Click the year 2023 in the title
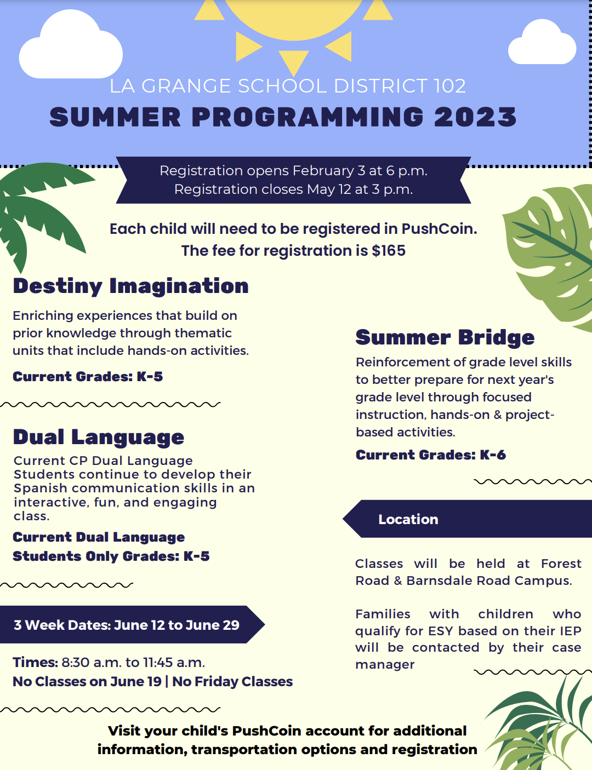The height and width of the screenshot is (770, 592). click(x=475, y=117)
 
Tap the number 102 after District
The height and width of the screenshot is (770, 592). click(x=449, y=86)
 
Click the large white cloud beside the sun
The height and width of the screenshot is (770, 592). click(x=71, y=45)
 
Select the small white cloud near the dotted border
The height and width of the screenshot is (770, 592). click(x=542, y=43)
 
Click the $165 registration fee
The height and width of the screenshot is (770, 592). click(x=389, y=251)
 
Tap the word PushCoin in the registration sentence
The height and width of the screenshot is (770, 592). click(x=439, y=229)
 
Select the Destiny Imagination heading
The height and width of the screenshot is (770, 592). click(x=131, y=286)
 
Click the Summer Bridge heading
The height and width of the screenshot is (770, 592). click(x=445, y=337)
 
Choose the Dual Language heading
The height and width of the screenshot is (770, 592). click(x=99, y=438)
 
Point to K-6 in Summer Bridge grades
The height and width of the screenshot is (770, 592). click(x=493, y=455)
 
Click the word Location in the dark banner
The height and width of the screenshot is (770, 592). click(x=408, y=520)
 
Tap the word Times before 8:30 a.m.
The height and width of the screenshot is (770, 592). click(x=36, y=663)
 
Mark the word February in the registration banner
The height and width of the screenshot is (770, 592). click(x=323, y=171)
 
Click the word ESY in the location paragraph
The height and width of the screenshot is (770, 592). click(x=441, y=631)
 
